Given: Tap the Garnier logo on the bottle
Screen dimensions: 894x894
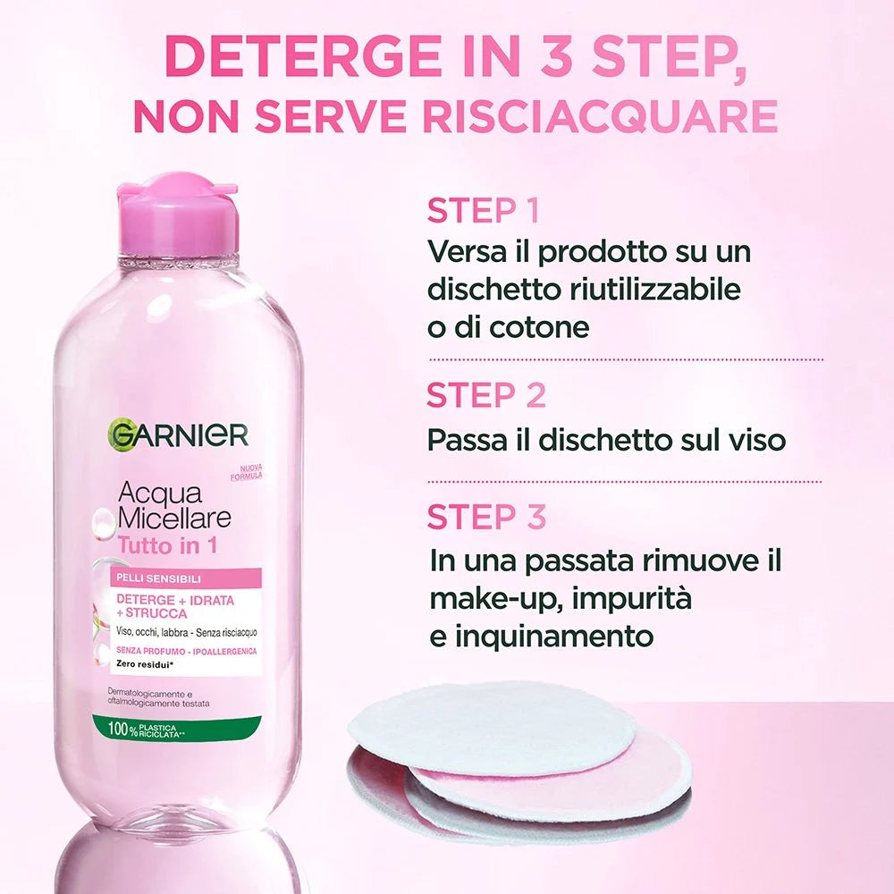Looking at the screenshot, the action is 177,436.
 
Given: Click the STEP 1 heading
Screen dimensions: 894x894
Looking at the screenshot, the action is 483,210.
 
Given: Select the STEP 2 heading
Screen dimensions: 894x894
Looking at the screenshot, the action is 486,395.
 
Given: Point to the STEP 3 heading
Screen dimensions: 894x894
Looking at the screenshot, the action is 486,517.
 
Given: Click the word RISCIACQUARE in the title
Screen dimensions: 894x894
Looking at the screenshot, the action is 601,115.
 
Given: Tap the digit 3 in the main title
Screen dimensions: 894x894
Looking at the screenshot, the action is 555,56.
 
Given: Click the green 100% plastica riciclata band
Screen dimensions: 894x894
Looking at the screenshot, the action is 177,730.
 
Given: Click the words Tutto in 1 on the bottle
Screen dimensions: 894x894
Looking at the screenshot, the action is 168,545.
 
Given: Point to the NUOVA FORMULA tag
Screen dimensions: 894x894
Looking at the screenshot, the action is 247,473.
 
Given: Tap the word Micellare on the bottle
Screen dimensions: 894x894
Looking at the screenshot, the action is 174,518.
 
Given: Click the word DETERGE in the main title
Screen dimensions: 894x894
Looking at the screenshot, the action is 303,56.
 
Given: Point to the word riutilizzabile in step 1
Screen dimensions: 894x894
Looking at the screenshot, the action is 655,289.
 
